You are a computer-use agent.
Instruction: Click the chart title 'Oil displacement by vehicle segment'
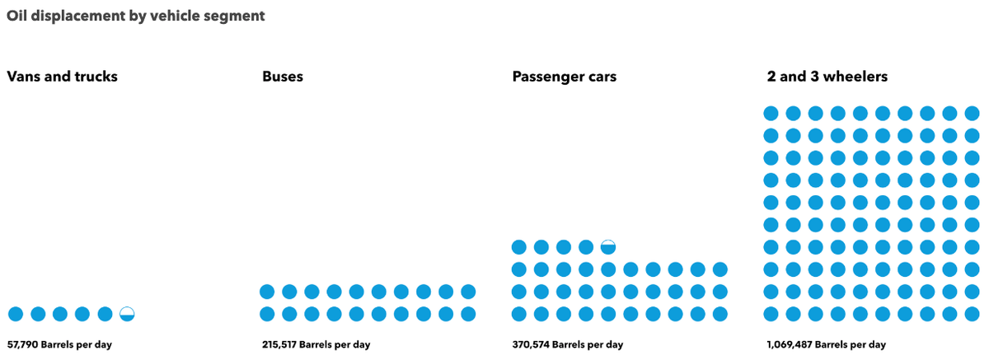[135, 16]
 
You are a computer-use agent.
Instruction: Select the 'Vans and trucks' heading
[62, 77]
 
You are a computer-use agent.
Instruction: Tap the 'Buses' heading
[283, 77]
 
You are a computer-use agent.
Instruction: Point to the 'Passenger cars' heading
[564, 77]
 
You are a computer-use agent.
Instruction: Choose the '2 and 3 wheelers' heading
[827, 77]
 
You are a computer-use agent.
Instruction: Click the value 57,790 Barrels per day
[59, 344]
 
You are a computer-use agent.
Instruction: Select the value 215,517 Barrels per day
[316, 344]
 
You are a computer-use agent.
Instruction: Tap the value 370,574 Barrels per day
[567, 344]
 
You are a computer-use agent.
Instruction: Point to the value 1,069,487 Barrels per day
[826, 344]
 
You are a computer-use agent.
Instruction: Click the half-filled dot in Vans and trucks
[127, 314]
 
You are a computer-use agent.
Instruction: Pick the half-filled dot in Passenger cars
[608, 247]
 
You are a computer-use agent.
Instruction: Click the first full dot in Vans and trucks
[16, 314]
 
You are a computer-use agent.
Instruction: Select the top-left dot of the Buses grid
[267, 292]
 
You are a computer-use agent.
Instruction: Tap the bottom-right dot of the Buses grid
[468, 314]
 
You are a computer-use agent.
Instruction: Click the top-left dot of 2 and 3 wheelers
[771, 113]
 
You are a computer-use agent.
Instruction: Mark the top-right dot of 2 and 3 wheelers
[972, 113]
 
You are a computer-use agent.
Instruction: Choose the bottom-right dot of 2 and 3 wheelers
[972, 314]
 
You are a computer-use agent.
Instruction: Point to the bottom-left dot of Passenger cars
[519, 314]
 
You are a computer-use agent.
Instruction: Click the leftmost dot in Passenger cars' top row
[519, 247]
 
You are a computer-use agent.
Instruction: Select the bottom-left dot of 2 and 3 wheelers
[771, 314]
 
